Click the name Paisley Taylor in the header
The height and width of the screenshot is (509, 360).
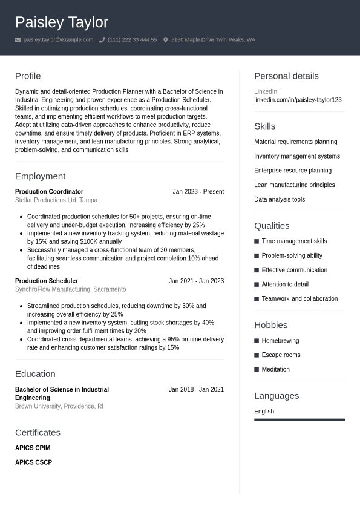[x=62, y=22]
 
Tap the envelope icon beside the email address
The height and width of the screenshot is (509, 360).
[x=18, y=40]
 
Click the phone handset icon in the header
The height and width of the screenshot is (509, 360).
[x=102, y=40]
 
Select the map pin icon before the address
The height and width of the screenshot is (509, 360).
[x=166, y=40]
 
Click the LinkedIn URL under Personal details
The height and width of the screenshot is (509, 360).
[x=298, y=100]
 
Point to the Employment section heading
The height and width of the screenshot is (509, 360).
[x=40, y=176]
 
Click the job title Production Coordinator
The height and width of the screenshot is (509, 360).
[x=49, y=192]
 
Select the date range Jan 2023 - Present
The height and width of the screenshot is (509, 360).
[x=198, y=192]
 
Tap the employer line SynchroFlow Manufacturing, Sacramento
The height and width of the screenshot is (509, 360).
[x=70, y=289]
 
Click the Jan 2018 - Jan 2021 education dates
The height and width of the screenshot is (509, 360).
[x=196, y=390]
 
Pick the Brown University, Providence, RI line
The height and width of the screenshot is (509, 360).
[x=59, y=406]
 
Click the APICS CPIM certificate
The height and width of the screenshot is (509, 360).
[x=33, y=448]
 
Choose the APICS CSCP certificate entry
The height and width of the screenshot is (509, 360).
[x=33, y=462]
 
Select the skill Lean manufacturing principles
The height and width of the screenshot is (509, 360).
[x=294, y=185]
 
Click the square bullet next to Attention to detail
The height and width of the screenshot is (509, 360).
[x=257, y=284]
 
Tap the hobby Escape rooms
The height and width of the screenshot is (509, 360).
[x=281, y=355]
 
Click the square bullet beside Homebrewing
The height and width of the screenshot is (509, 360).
[x=257, y=341]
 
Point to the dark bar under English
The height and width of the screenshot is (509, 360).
[x=299, y=419]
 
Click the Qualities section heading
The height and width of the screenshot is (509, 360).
[x=272, y=226]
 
